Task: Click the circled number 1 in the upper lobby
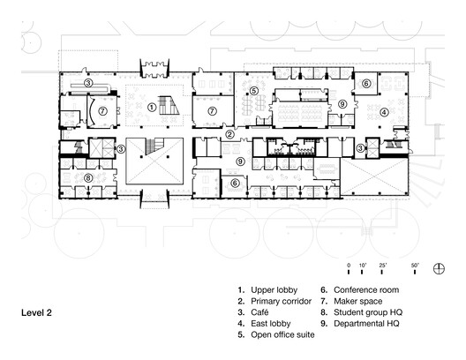click(152, 107)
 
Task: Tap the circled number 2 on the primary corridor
click(229, 134)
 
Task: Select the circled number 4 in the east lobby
click(384, 112)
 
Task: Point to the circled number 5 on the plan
click(253, 91)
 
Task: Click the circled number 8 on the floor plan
click(88, 177)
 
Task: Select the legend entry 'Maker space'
click(359, 300)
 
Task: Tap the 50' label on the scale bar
click(415, 264)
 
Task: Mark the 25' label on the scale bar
click(382, 264)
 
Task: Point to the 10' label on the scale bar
click(362, 264)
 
